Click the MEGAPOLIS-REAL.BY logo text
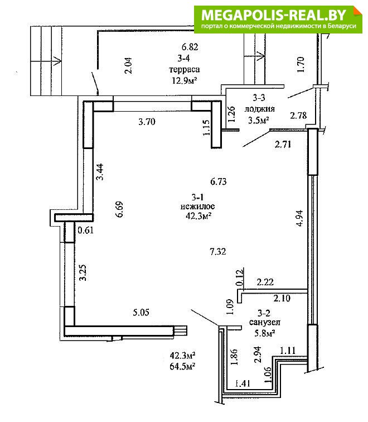pyautogui.click(x=273, y=15)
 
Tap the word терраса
pyautogui.click(x=185, y=69)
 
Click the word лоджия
pyautogui.click(x=259, y=109)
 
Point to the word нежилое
pyautogui.click(x=197, y=207)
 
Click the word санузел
pyautogui.click(x=265, y=322)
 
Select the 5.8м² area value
pyautogui.click(x=265, y=333)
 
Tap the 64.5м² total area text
pyautogui.click(x=182, y=366)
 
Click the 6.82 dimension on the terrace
pyautogui.click(x=190, y=47)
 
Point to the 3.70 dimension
pyautogui.click(x=147, y=122)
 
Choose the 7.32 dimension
pyautogui.click(x=218, y=252)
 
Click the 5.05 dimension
pyautogui.click(x=141, y=313)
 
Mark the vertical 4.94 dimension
pyautogui.click(x=299, y=218)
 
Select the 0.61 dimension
pyautogui.click(x=85, y=231)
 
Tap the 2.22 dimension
pyautogui.click(x=265, y=282)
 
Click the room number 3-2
pyautogui.click(x=264, y=313)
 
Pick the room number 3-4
pyautogui.click(x=184, y=58)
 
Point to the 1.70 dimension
pyautogui.click(x=301, y=65)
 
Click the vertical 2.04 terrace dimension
pyautogui.click(x=128, y=65)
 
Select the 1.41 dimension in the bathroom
pyautogui.click(x=243, y=383)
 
